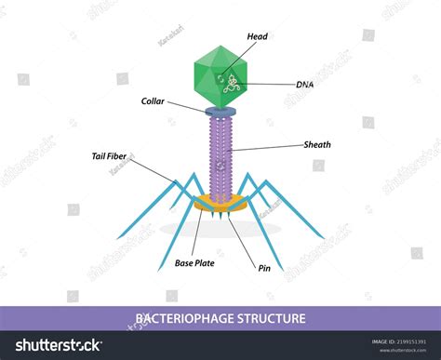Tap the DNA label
[x=304, y=84]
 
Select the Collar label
[x=154, y=101]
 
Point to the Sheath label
[x=317, y=145]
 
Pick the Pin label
[x=263, y=267]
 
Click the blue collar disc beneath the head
[x=220, y=112]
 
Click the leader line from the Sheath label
[x=270, y=147]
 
